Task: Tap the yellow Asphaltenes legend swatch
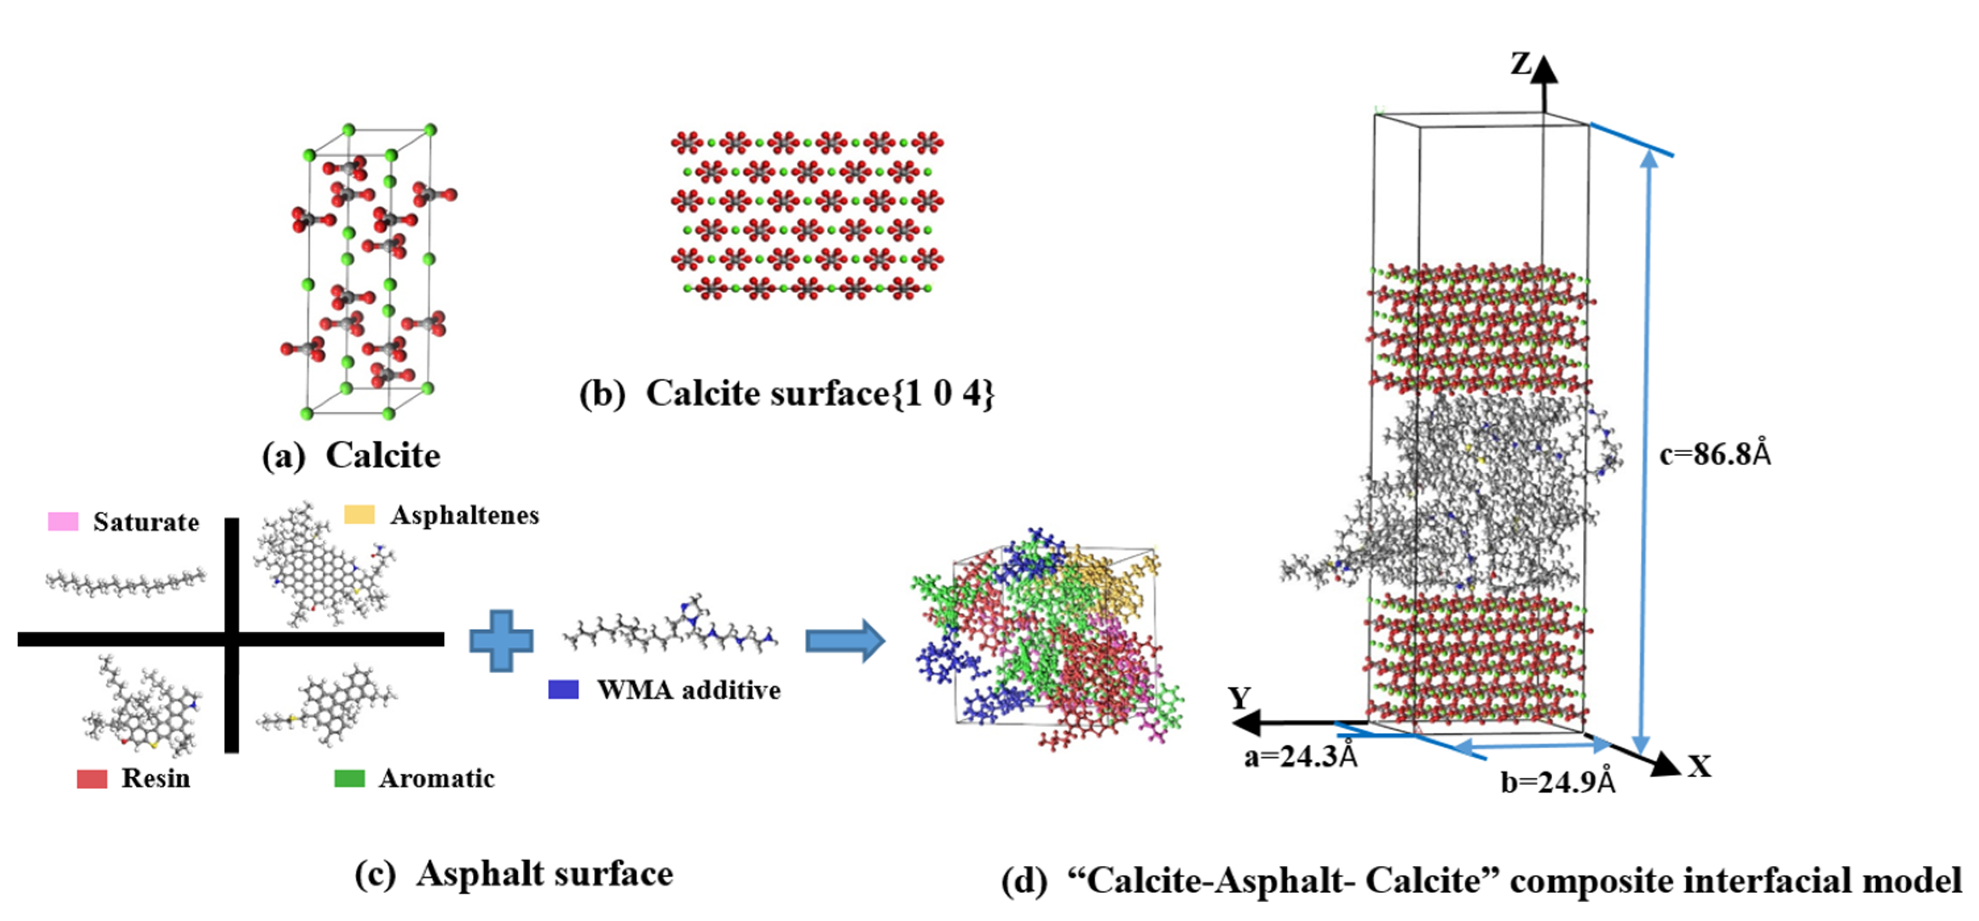point(359,514)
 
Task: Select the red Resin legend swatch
point(92,778)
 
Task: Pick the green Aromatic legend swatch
point(350,778)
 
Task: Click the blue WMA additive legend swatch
point(563,689)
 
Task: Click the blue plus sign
point(501,640)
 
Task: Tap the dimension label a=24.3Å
point(1301,756)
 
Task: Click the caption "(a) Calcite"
point(351,455)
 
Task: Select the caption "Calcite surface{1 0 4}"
point(820,393)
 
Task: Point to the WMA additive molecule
point(670,629)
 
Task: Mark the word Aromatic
point(436,778)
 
